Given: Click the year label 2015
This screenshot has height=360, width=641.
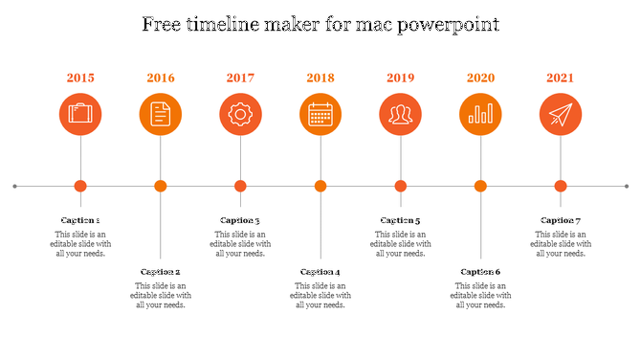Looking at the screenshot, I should (x=80, y=78).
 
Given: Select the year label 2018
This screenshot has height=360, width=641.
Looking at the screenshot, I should (x=320, y=78).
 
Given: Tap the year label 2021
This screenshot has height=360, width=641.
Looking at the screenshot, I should (x=561, y=78).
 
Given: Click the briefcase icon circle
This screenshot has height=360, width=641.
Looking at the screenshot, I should (x=80, y=115).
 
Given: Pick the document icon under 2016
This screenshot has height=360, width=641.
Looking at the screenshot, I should (x=161, y=115).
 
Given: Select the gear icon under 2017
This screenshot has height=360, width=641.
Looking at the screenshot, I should (x=240, y=115).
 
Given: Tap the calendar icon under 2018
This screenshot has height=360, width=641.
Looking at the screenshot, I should (x=320, y=115).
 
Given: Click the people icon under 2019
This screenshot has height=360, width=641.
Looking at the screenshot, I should (x=400, y=115).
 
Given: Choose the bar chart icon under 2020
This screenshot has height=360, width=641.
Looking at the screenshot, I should (x=480, y=115).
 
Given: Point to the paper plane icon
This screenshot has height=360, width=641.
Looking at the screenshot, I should (x=561, y=115).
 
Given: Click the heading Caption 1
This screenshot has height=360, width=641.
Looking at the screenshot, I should (x=80, y=220).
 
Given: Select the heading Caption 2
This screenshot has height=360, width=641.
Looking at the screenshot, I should (x=161, y=272).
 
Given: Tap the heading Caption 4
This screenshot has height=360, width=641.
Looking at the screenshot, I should (x=320, y=272).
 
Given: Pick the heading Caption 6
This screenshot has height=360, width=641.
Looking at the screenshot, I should (x=480, y=272).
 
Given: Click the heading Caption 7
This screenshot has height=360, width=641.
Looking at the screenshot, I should (x=561, y=220).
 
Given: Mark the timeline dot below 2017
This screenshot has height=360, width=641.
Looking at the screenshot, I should (x=240, y=186).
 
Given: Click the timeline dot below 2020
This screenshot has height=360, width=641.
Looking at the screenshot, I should (x=480, y=186).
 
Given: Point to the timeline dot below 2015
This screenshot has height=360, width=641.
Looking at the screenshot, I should (x=80, y=186).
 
